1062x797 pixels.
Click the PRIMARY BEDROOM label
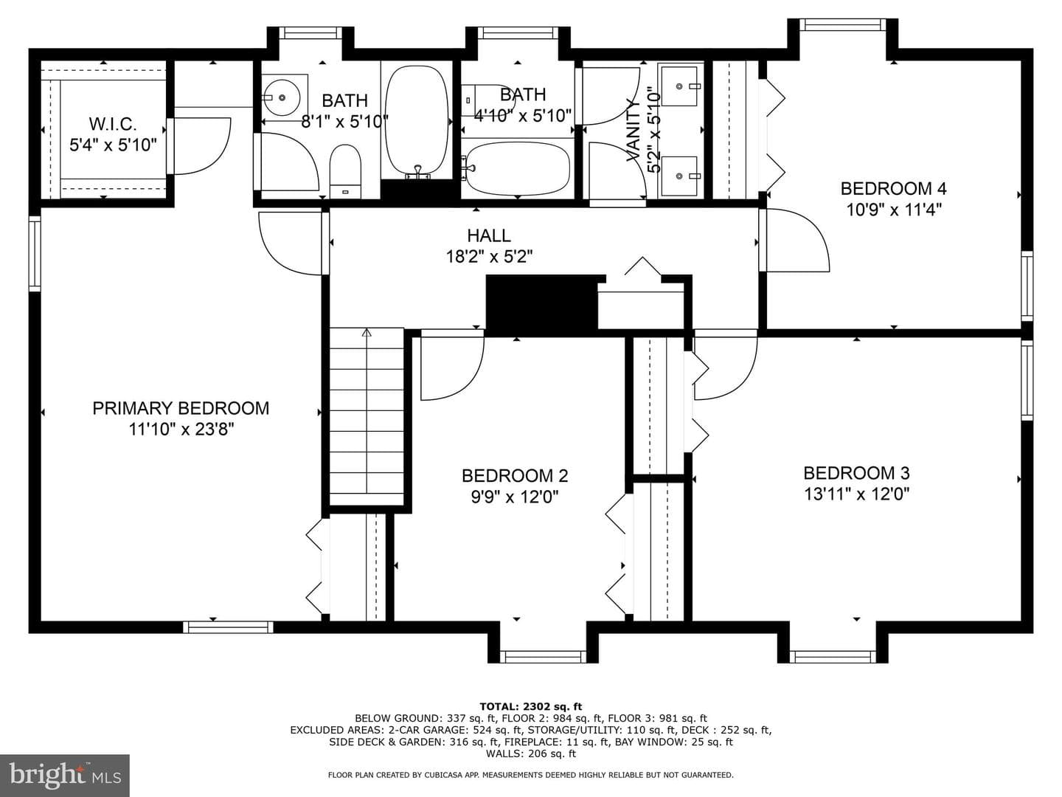[181, 408]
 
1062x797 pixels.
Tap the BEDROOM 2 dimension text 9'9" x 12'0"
[515, 497]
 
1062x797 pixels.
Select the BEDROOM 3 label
[856, 473]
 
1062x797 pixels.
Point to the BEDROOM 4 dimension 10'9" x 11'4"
[894, 210]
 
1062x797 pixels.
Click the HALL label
[489, 235]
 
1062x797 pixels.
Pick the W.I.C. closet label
[113, 124]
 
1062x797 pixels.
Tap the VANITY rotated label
[634, 131]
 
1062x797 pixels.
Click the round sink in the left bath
[282, 97]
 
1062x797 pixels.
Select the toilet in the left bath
[345, 172]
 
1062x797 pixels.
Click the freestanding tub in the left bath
[417, 122]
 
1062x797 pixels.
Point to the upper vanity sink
[680, 86]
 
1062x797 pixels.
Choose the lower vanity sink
[680, 176]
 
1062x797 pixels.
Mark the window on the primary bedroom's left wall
[35, 253]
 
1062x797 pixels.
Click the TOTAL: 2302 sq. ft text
[531, 706]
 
